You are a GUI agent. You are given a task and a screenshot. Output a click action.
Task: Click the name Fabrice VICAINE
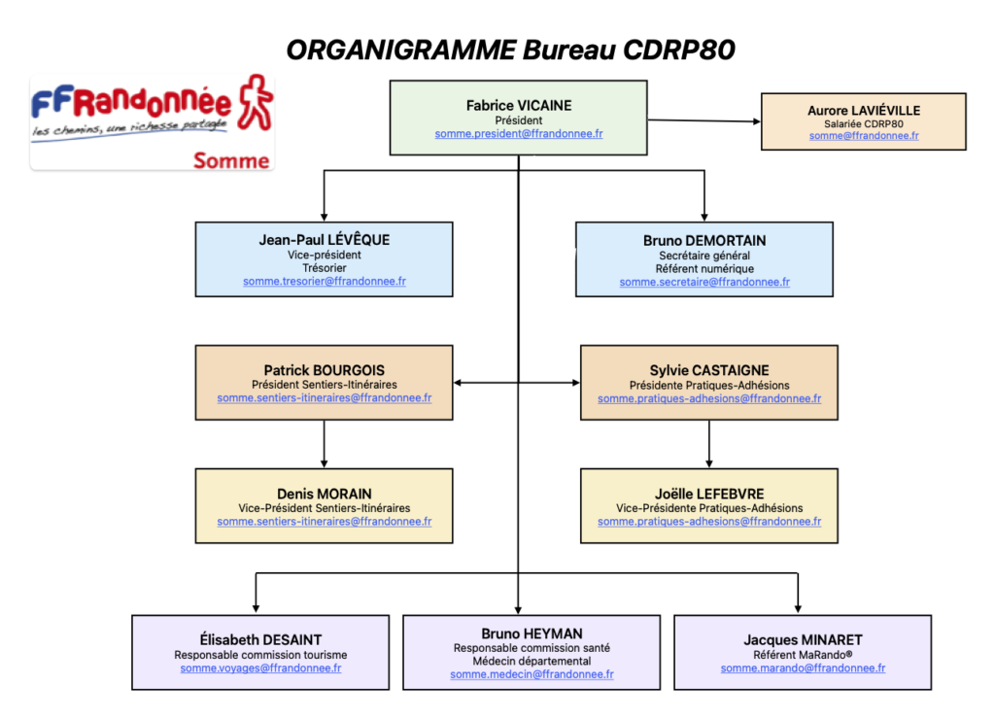[x=519, y=105]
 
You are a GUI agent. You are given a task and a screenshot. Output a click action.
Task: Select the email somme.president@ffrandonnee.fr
[x=519, y=134]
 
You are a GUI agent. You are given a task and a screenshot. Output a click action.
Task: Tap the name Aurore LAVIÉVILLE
[x=864, y=111]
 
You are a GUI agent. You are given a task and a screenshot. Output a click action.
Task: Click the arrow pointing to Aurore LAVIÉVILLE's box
[x=703, y=120]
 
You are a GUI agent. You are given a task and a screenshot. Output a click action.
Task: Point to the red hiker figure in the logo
[x=256, y=102]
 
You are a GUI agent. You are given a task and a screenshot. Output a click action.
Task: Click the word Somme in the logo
[x=231, y=160]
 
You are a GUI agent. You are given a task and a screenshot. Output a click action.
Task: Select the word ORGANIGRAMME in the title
[x=401, y=51]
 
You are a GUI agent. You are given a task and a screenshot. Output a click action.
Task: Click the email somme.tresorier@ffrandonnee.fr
[x=325, y=281]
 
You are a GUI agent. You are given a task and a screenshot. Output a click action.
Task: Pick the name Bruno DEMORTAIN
[x=704, y=241]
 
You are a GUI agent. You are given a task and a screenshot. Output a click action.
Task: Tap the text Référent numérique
[x=704, y=268]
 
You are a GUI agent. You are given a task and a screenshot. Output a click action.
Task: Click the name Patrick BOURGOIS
[x=325, y=370]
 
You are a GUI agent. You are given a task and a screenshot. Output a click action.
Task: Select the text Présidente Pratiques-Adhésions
[x=709, y=385]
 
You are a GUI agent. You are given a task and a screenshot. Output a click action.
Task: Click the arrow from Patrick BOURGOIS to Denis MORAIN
[x=325, y=444]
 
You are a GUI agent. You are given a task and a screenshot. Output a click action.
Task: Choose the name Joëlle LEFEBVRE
[x=709, y=494]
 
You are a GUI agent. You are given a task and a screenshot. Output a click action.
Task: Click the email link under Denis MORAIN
[x=325, y=522]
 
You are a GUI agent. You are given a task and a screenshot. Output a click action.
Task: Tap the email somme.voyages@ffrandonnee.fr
[x=260, y=668]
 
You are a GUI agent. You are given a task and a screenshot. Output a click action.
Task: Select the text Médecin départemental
[x=532, y=661]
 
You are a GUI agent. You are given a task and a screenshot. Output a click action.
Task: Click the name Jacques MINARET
[x=803, y=639]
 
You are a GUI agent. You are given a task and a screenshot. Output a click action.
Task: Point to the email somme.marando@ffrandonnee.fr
[x=803, y=668]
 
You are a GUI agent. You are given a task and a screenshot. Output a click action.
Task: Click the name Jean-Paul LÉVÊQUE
[x=325, y=240]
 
